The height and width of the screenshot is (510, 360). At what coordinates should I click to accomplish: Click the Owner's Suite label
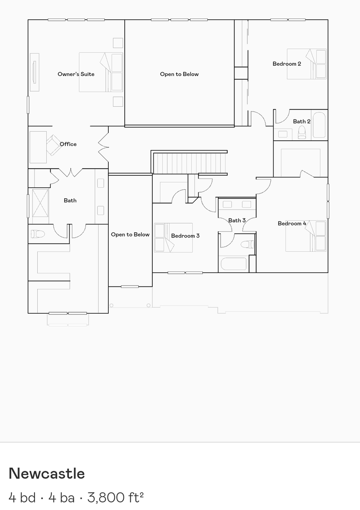(x=76, y=74)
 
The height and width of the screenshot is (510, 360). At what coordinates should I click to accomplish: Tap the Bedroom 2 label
(x=287, y=64)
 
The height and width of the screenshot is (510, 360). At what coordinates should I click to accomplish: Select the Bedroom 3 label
(x=185, y=236)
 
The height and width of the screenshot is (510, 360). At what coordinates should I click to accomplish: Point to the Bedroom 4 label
(x=292, y=223)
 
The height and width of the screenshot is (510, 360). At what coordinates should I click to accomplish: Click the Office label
(x=68, y=144)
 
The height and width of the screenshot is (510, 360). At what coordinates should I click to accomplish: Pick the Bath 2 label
(x=301, y=121)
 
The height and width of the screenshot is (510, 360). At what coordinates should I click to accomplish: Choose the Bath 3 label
(x=237, y=221)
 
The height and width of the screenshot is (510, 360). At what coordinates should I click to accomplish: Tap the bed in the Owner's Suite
(x=101, y=72)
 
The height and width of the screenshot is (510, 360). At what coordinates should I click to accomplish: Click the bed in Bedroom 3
(x=173, y=238)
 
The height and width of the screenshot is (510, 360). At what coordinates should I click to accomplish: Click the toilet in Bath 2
(x=302, y=134)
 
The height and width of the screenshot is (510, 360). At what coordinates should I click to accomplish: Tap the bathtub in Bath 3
(x=233, y=263)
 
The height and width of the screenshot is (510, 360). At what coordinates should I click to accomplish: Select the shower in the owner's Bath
(x=40, y=205)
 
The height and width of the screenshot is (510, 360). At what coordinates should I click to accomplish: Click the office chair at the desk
(x=51, y=144)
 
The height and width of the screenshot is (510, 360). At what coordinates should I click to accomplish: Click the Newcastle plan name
(x=47, y=473)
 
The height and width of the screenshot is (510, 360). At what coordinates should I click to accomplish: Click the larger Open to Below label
(x=179, y=74)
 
